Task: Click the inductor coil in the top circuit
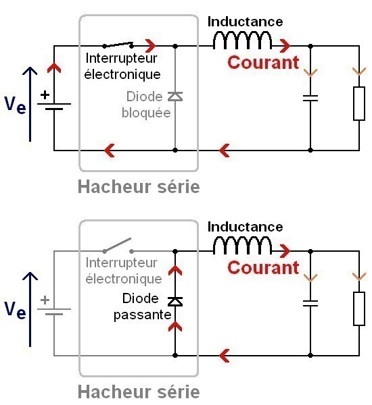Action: click(242, 41)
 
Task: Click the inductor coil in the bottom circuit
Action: click(242, 246)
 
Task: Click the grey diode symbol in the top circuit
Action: click(175, 97)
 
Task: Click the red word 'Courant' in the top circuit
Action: click(263, 63)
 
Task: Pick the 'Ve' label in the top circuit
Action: click(15, 105)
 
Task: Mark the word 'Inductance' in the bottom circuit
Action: click(245, 227)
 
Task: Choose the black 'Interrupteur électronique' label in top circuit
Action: click(122, 66)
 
